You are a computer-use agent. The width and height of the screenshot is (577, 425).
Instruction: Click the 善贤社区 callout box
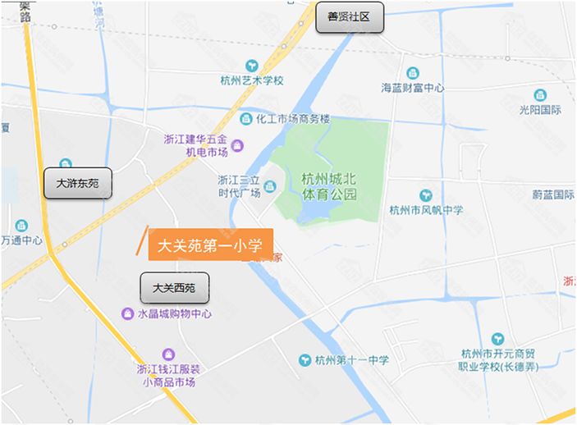(x=350, y=17)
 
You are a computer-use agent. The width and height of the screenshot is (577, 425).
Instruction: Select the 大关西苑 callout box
(x=174, y=288)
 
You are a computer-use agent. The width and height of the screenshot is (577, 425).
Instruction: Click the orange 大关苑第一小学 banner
(x=210, y=244)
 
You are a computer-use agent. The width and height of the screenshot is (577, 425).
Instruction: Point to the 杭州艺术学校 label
(x=252, y=80)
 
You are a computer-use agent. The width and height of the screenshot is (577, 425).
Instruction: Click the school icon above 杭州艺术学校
(x=252, y=65)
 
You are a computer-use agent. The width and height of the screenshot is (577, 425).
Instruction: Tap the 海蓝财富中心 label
(x=413, y=88)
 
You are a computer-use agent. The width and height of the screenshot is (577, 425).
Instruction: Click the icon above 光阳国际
(x=540, y=95)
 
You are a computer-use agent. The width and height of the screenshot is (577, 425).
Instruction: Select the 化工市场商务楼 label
(x=291, y=119)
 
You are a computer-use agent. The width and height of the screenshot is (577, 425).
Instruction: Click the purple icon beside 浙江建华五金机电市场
(x=237, y=145)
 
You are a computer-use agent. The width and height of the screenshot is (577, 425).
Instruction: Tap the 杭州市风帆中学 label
(x=426, y=210)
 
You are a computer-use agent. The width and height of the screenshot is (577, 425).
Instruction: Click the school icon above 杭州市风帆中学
(x=426, y=195)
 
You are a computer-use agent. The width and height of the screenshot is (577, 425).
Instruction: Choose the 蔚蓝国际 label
(x=552, y=194)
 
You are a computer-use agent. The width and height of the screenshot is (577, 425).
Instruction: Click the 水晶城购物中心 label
(x=174, y=314)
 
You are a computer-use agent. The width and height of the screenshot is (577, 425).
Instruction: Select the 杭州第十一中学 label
(x=352, y=359)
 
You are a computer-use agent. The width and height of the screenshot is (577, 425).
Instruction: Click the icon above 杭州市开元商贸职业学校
(x=498, y=339)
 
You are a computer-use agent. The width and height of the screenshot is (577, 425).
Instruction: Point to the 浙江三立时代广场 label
(x=239, y=186)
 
